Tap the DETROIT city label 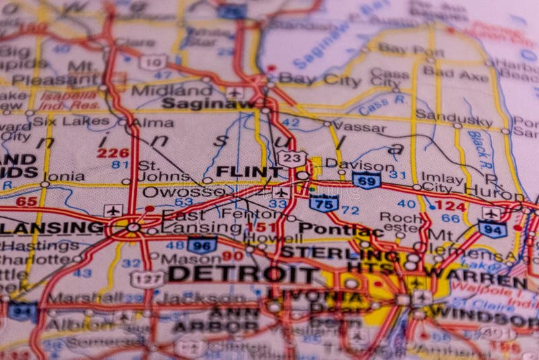(243, 274)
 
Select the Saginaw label (208, 104)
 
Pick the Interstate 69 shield (367, 180)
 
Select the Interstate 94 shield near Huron (492, 229)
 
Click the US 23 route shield (291, 158)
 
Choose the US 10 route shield (153, 62)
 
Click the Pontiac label (341, 229)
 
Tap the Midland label (171, 90)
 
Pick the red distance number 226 (113, 153)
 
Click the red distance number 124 (449, 205)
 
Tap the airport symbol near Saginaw (234, 92)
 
